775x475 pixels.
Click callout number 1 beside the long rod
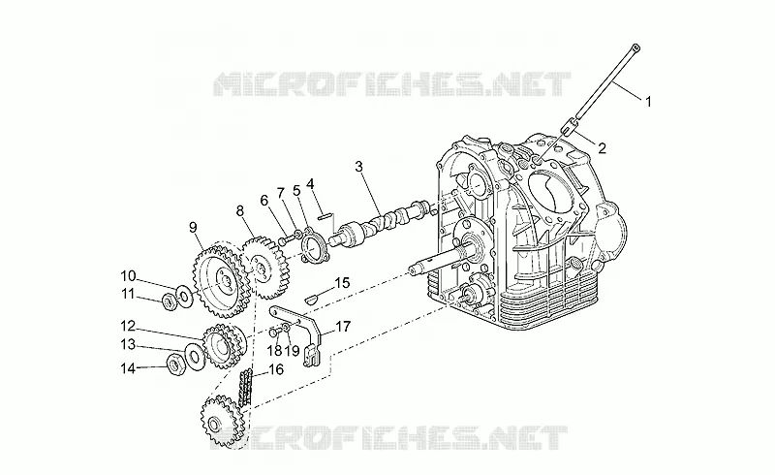[648, 102]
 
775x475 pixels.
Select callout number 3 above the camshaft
[358, 167]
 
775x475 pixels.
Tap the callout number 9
[193, 227]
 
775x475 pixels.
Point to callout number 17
[343, 326]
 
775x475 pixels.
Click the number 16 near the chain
[276, 369]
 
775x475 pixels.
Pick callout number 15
[342, 283]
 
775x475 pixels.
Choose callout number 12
[128, 326]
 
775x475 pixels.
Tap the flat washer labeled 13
[193, 354]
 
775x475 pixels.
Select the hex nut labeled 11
[169, 301]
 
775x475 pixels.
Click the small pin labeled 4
[325, 215]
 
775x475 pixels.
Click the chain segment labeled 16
[246, 389]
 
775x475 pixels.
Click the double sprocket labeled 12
[224, 345]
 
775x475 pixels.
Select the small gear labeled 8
[264, 268]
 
